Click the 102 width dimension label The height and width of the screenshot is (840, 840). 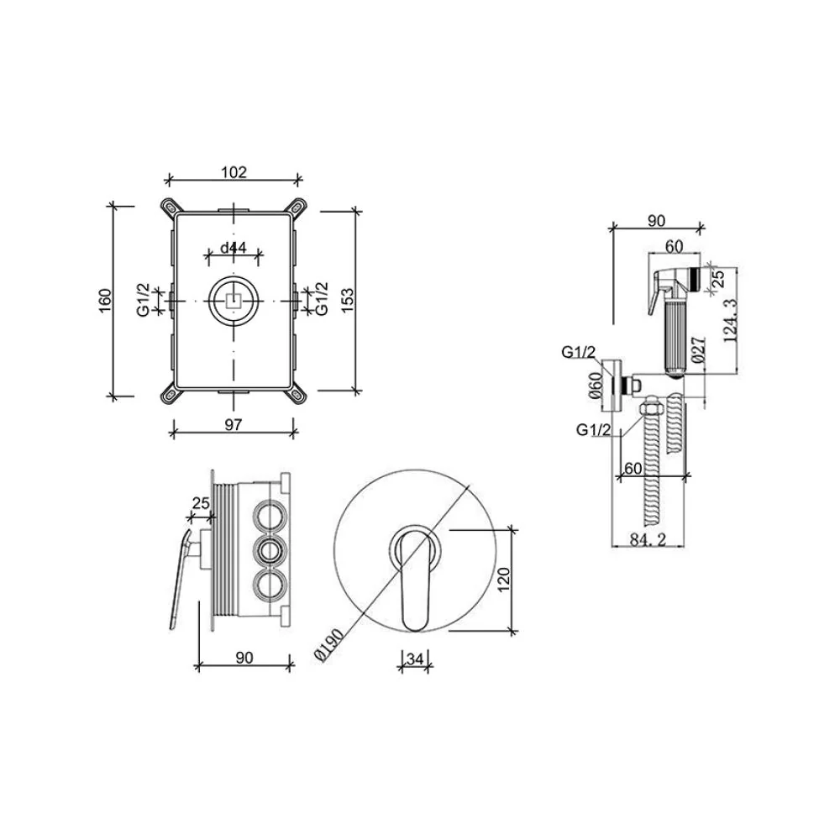(234, 172)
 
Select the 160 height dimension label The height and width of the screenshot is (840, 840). (105, 301)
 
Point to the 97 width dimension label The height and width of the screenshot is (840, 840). (233, 425)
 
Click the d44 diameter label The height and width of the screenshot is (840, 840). (234, 248)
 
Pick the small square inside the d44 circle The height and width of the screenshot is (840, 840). (234, 301)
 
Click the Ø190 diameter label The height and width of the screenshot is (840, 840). (329, 644)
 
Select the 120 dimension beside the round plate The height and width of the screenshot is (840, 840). (504, 580)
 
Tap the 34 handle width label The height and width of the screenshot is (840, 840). (415, 659)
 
